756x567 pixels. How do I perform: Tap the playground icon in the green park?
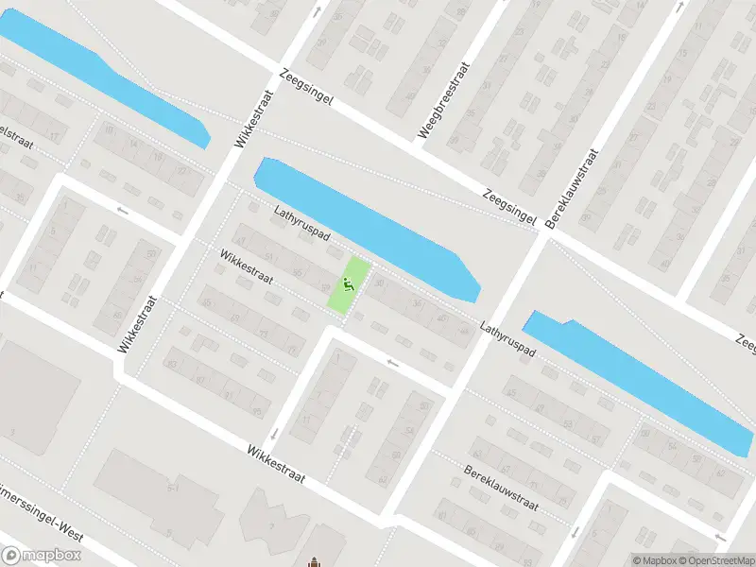coord(349,283)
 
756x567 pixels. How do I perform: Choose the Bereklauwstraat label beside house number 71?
coord(501,486)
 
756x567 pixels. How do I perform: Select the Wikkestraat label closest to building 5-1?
coord(276,465)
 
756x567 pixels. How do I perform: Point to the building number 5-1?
coord(173,487)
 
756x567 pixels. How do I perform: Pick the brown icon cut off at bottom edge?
coord(313,562)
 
